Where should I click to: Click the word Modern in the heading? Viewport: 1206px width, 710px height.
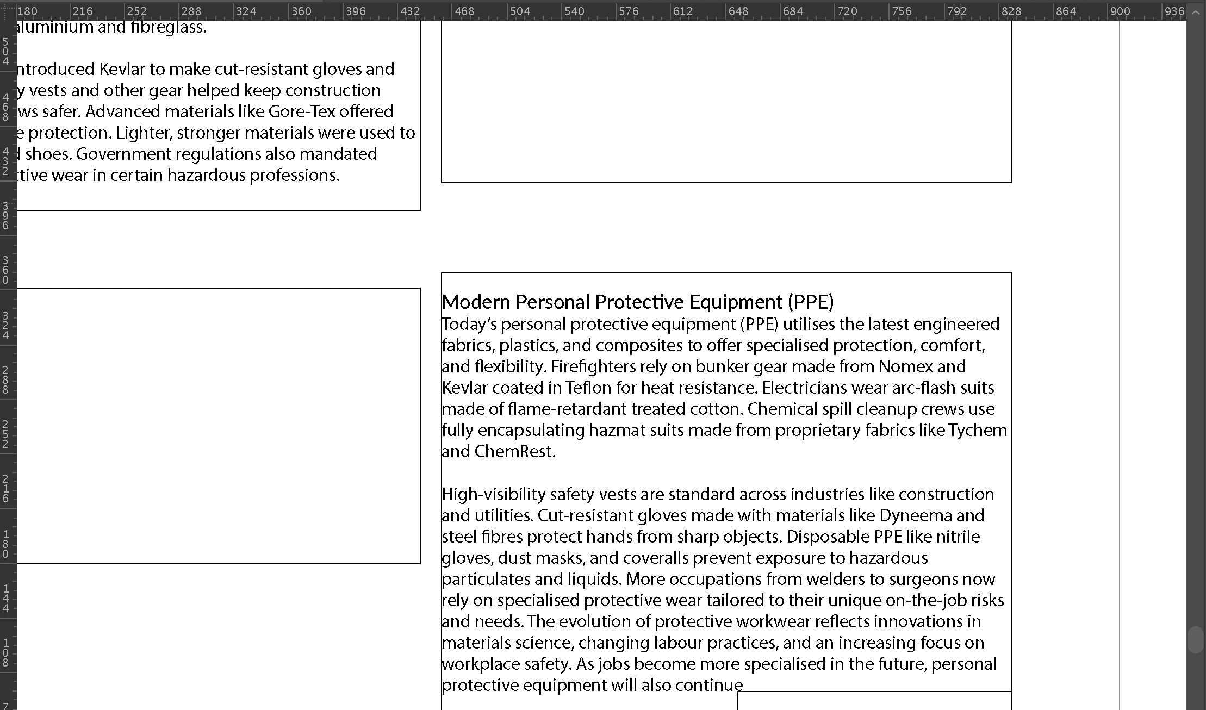pyautogui.click(x=476, y=302)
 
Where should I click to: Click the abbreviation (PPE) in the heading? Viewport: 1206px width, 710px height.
pyautogui.click(x=810, y=302)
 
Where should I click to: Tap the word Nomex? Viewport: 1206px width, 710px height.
pyautogui.click(x=905, y=366)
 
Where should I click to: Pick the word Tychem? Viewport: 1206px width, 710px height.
pyautogui.click(x=978, y=430)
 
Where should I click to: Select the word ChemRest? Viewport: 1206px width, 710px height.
pyautogui.click(x=514, y=451)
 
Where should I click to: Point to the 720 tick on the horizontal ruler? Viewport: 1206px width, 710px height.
pyautogui.click(x=847, y=11)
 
